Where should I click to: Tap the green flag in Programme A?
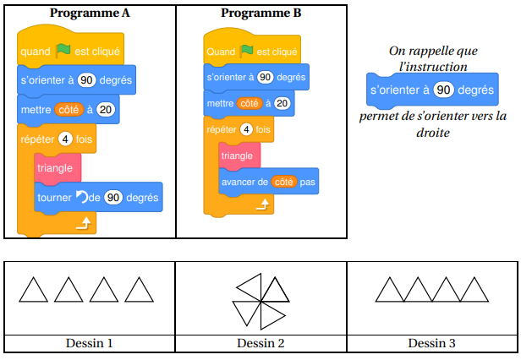click(63, 51)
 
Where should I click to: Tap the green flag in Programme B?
click(248, 52)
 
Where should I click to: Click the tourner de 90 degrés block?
click(98, 197)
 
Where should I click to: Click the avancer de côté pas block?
click(268, 182)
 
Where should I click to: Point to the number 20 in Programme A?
click(105, 109)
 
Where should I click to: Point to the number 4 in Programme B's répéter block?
click(246, 130)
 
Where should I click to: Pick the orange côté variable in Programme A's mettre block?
click(69, 109)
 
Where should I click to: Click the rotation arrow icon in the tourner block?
click(81, 197)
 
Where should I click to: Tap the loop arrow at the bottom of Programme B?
click(263, 205)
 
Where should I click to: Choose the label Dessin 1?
click(89, 343)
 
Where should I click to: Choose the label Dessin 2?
click(260, 343)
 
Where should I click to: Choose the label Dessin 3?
click(432, 343)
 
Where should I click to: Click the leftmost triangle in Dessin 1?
click(34, 292)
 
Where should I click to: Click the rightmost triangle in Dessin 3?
click(475, 292)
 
